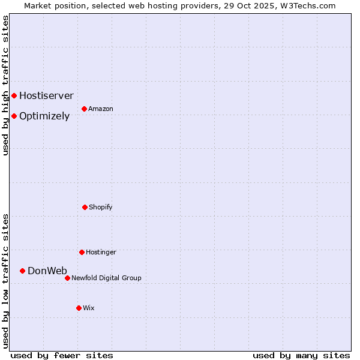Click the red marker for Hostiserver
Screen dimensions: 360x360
[14, 95]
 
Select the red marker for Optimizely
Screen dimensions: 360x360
[14, 116]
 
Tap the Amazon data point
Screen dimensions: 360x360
[84, 109]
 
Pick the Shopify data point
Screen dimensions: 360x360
[85, 207]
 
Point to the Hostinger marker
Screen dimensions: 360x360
[82, 252]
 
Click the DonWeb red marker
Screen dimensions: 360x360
[22, 271]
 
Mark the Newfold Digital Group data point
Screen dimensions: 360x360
[67, 278]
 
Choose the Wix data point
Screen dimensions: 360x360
[79, 308]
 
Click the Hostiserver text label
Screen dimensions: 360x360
[46, 95]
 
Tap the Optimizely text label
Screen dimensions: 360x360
[44, 116]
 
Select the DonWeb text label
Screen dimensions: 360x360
[47, 271]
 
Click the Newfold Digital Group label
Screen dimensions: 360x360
[106, 278]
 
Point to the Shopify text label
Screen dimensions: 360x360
[100, 207]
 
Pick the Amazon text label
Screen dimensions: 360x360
[100, 109]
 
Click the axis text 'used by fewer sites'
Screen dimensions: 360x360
[62, 355]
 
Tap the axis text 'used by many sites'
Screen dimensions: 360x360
[301, 355]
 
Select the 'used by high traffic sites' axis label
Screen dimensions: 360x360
[5, 85]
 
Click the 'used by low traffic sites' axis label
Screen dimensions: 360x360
[5, 280]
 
